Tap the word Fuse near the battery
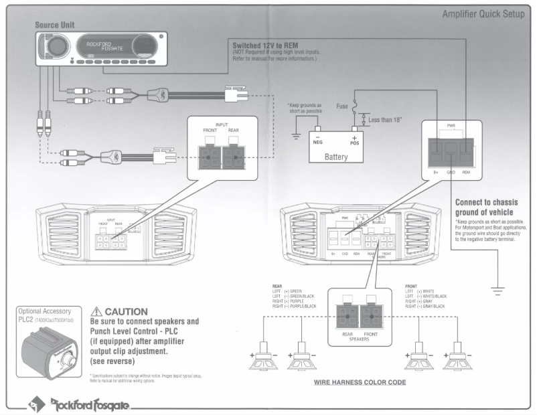click(341, 105)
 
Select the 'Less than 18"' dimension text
click(386, 120)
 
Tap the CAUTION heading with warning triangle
click(123, 311)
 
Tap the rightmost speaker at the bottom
click(458, 359)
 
